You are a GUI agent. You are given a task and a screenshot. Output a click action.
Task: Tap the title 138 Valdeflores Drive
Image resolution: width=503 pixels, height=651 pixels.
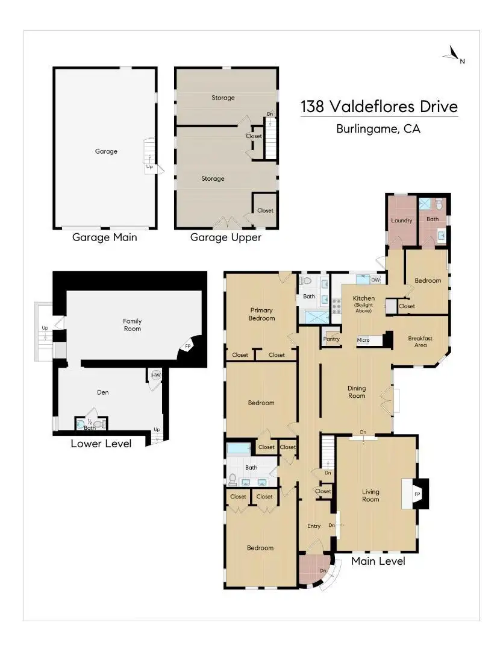[379, 107]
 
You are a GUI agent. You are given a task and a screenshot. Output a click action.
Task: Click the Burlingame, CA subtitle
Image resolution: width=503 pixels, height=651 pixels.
[378, 128]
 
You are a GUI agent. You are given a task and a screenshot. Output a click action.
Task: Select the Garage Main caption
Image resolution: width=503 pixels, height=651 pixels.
[105, 237]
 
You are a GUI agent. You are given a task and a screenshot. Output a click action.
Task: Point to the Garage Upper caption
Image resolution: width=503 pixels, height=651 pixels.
[226, 237]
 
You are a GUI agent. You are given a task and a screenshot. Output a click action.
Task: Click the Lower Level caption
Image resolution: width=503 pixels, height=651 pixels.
[101, 444]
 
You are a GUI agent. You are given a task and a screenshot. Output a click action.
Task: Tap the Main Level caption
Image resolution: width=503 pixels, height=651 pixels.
[378, 561]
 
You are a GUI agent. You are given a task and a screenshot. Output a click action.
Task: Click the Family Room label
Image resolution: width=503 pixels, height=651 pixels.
[133, 325]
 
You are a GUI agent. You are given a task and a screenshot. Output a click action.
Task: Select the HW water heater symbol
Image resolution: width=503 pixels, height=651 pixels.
[156, 375]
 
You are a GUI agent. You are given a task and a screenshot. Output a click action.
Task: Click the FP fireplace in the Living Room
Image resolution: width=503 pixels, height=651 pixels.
[417, 494]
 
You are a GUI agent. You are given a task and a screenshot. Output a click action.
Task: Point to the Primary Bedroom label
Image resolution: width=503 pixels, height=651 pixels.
[262, 314]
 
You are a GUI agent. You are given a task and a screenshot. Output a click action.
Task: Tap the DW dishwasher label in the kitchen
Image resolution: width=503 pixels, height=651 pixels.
[375, 280]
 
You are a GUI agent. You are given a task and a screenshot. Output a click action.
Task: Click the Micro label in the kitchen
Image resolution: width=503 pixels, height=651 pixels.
[363, 340]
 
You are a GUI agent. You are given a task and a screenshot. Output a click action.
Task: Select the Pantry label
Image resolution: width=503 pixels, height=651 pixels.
[331, 339]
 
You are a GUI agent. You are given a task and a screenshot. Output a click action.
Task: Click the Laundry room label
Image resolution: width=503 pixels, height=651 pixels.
[401, 221]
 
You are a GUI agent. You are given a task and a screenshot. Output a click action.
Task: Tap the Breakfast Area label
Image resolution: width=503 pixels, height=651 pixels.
[420, 342]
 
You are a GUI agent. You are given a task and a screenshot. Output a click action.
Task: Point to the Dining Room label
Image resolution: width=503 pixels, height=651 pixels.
[357, 392]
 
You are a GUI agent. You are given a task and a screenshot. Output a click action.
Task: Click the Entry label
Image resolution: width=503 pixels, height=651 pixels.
[314, 526]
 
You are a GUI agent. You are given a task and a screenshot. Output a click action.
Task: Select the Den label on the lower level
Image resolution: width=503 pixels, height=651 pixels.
[103, 392]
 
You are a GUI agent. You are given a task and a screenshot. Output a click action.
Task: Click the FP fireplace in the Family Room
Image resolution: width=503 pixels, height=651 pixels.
[188, 346]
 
